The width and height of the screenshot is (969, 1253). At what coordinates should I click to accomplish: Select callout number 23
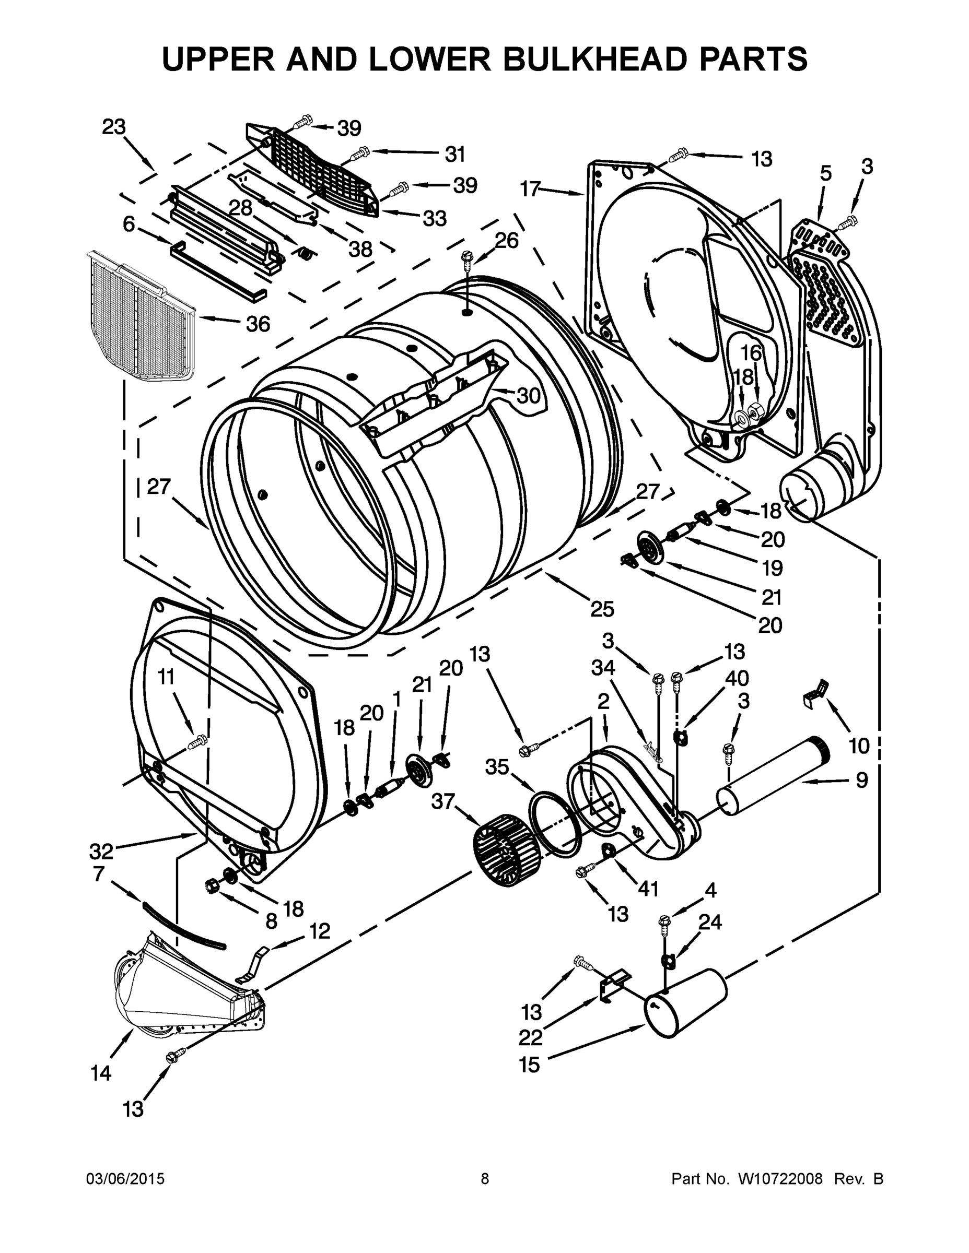[x=114, y=127]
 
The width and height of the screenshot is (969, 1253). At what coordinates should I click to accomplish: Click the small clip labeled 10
[x=815, y=689]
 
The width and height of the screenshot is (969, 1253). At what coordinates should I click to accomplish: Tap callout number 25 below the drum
[x=602, y=609]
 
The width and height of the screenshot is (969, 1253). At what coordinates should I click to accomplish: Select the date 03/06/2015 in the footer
[x=125, y=1179]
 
